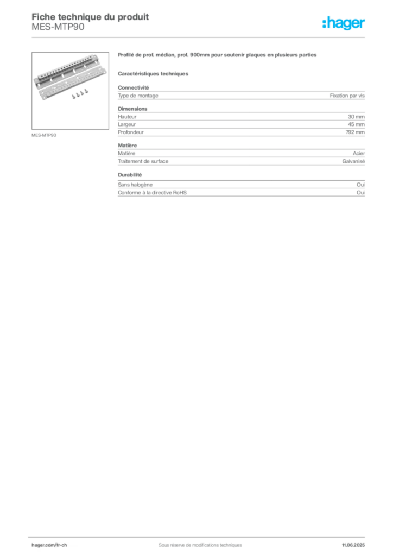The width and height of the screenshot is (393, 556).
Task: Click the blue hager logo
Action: (x=344, y=24)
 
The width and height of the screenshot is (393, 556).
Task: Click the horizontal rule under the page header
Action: (x=199, y=37)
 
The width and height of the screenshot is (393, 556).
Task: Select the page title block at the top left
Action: (x=89, y=21)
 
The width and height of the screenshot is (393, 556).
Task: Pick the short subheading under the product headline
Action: (x=154, y=73)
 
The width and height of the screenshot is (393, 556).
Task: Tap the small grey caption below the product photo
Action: (x=45, y=135)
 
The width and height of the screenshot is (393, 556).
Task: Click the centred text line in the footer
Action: (x=196, y=541)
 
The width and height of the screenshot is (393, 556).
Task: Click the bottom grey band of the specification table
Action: (x=241, y=193)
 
